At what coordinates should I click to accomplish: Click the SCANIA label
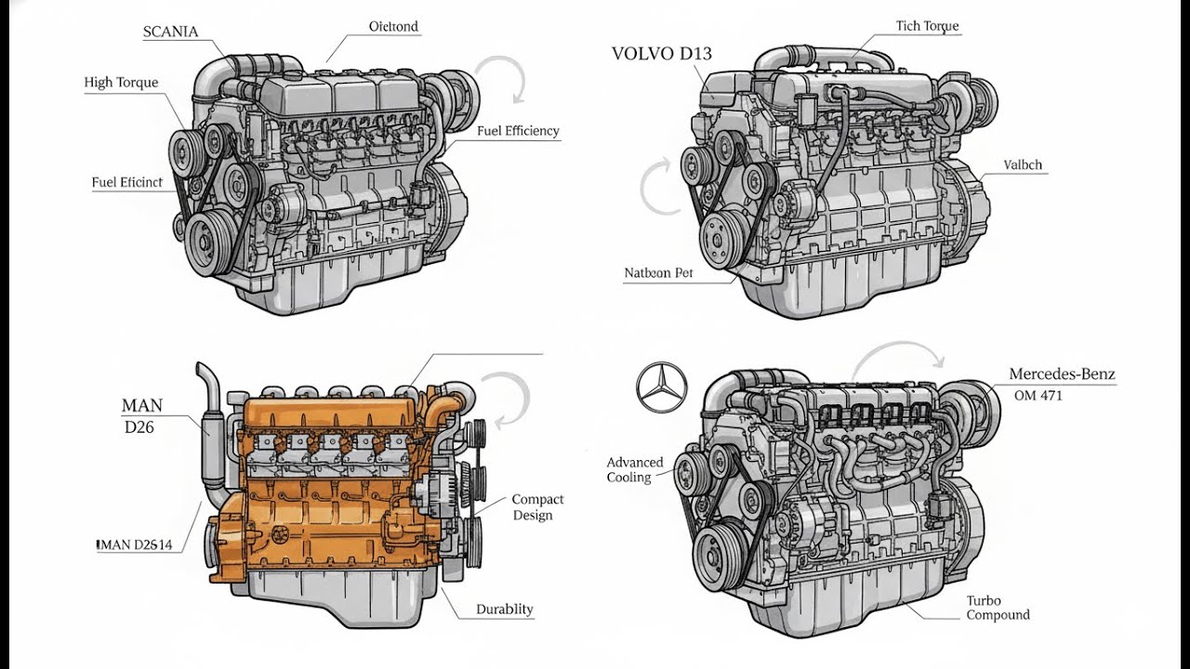(x=170, y=32)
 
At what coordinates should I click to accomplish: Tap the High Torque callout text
(x=121, y=83)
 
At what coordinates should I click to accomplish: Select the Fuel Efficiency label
(x=518, y=131)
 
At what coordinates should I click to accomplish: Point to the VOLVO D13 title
(x=661, y=54)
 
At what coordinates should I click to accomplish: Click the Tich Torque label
(x=927, y=26)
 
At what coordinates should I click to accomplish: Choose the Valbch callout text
(x=1023, y=165)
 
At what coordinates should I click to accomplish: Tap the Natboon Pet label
(x=658, y=273)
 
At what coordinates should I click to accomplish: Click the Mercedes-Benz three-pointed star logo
(x=662, y=387)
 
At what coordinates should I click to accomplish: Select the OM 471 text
(x=1038, y=396)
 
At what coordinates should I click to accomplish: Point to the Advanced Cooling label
(x=635, y=469)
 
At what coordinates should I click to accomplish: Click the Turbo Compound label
(x=997, y=608)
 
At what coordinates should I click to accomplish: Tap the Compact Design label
(x=537, y=507)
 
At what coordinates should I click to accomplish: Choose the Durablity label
(x=504, y=610)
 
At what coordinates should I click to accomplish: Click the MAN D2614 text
(x=136, y=544)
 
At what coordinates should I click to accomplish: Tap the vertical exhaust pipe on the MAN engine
(x=210, y=427)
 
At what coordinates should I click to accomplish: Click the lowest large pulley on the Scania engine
(x=206, y=243)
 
